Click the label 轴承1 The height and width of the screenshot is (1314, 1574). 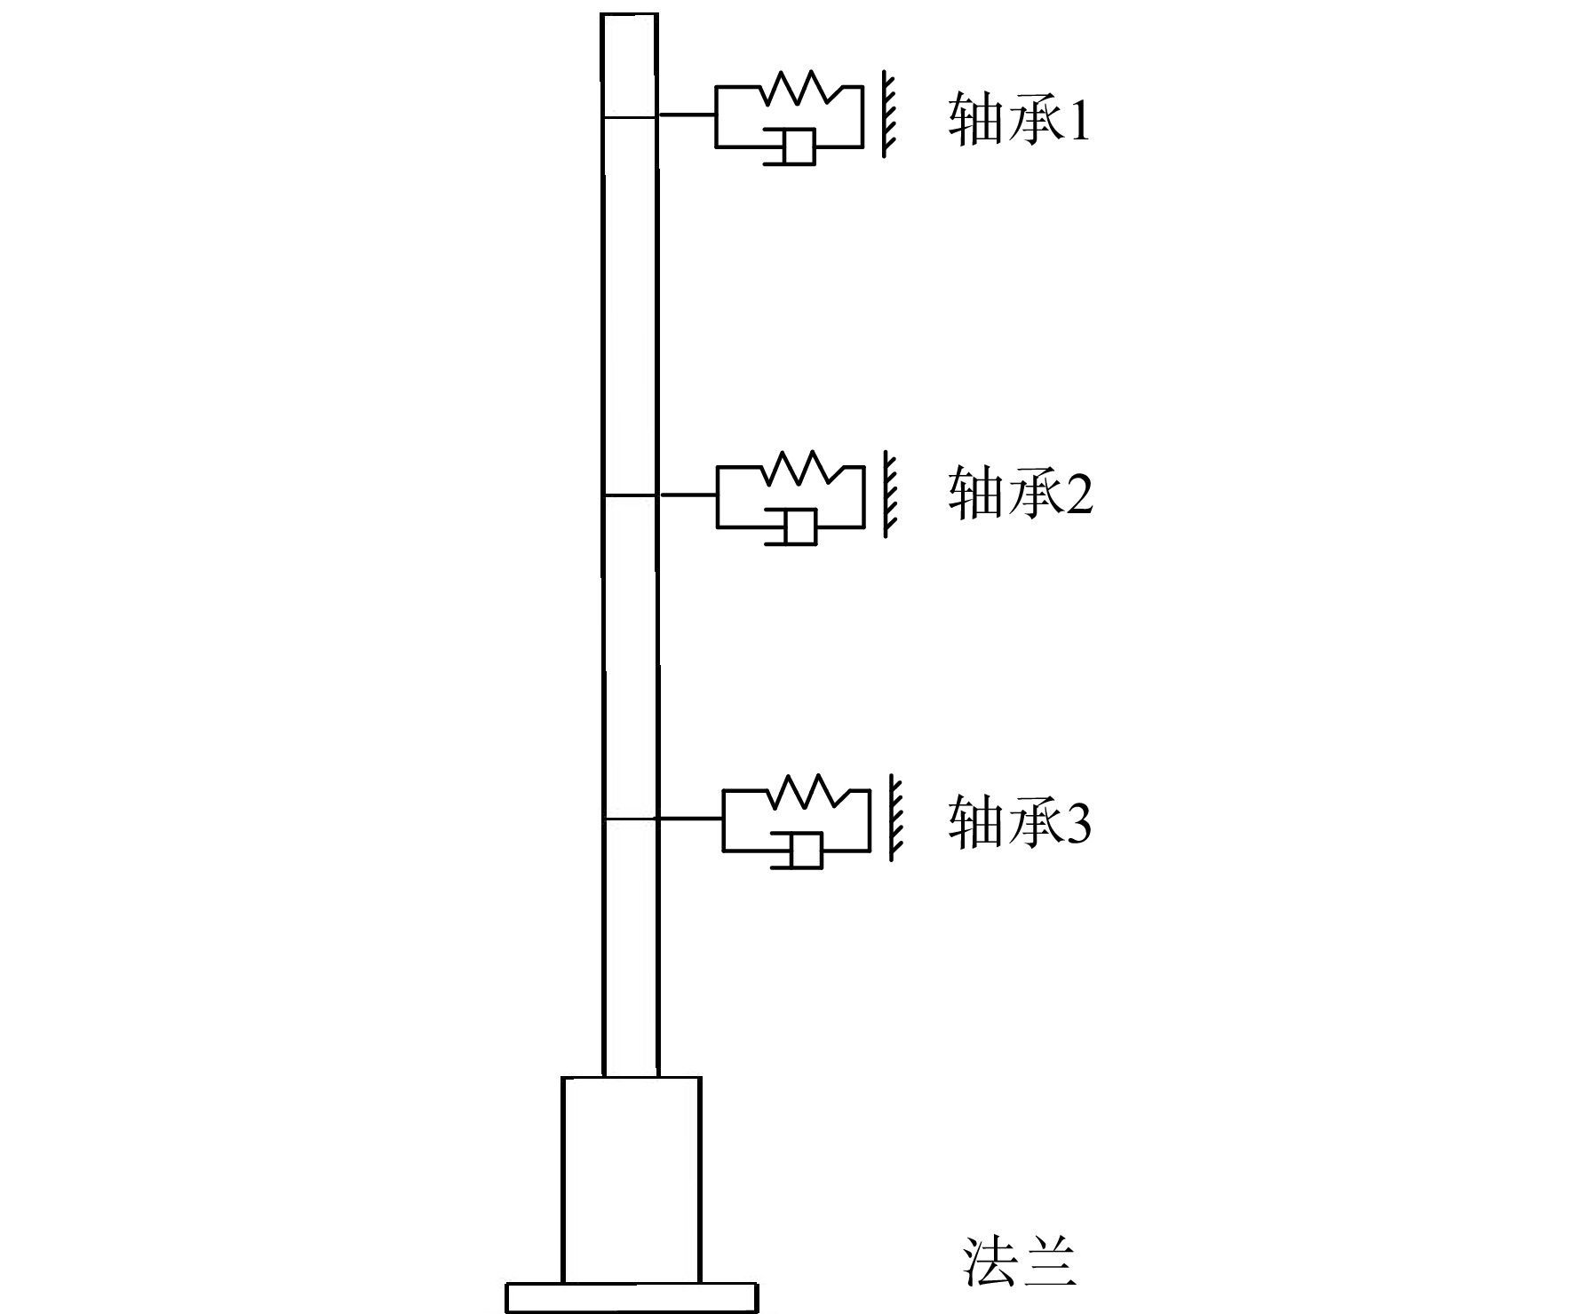pos(1018,119)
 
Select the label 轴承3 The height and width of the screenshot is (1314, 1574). pos(1020,823)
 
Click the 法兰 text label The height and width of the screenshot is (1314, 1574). pos(1020,1262)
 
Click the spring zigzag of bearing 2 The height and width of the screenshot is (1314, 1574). pos(801,467)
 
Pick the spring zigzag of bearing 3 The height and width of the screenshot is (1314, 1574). pos(807,790)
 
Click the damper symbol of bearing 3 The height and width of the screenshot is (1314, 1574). pos(797,850)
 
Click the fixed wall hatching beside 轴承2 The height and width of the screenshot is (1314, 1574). pos(890,494)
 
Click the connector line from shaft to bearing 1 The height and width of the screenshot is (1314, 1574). pos(687,115)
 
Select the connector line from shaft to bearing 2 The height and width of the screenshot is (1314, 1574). pos(688,495)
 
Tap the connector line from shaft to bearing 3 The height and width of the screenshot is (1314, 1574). pos(690,819)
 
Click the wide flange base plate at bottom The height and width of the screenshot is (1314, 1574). pos(632,1297)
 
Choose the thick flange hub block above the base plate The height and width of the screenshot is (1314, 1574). pos(632,1179)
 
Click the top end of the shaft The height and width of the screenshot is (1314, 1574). pos(630,14)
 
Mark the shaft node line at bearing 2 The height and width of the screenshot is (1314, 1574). pos(630,495)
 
